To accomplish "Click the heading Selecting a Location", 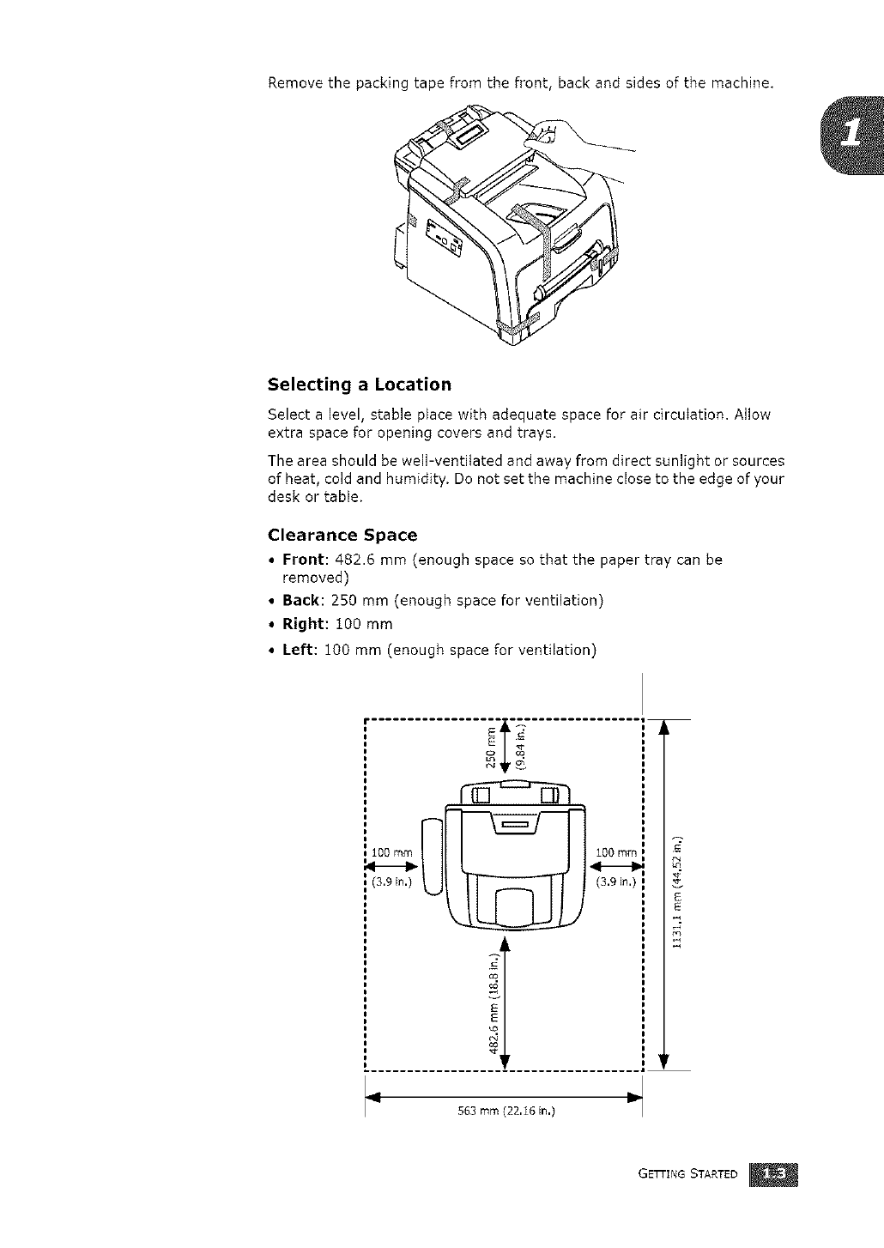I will coord(359,384).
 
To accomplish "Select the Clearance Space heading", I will coord(342,535).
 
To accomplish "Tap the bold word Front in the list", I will coord(301,560).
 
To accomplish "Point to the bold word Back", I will coord(300,600).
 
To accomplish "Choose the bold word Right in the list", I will coord(302,624).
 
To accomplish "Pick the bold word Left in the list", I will coord(297,650).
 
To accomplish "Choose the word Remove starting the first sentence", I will coord(295,83).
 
